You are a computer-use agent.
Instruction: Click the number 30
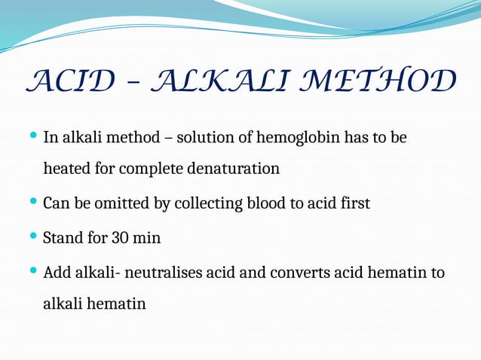[122, 238]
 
